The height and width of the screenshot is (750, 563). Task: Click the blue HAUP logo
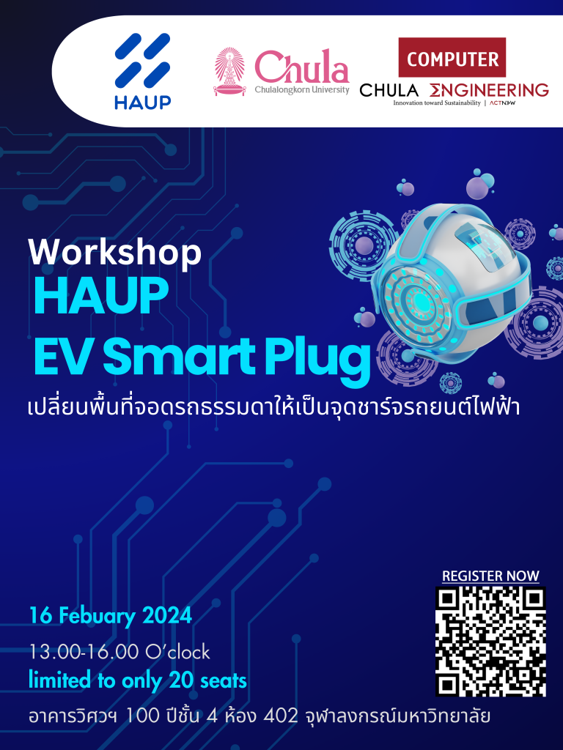(143, 71)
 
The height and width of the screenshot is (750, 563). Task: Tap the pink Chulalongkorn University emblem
(229, 72)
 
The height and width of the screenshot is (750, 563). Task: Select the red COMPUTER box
(452, 57)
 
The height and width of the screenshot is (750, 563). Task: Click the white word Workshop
(115, 252)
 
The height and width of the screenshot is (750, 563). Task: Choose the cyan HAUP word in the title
(101, 296)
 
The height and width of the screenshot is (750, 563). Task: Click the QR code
(490, 642)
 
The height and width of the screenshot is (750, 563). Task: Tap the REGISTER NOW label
(490, 576)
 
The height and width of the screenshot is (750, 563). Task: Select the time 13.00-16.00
(84, 652)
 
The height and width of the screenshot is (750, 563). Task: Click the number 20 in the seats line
(181, 680)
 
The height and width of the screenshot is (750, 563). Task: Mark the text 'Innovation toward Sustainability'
(437, 103)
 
